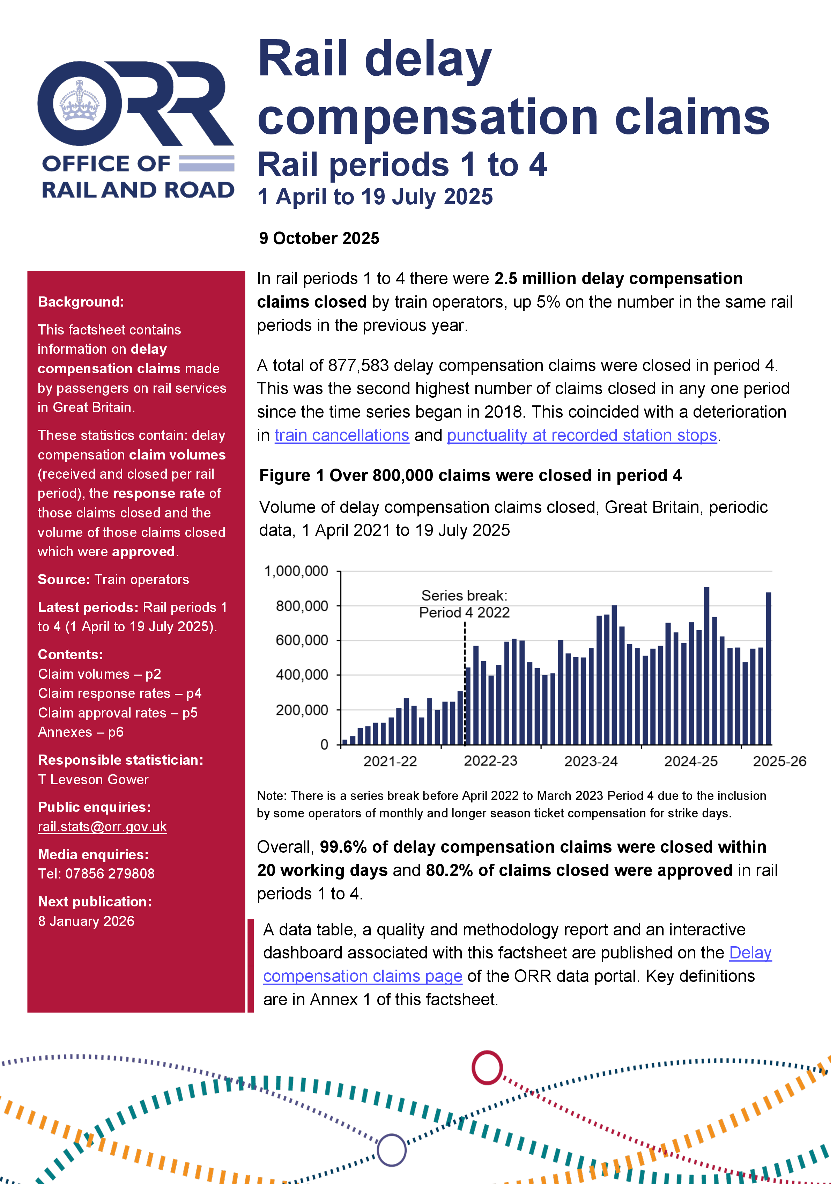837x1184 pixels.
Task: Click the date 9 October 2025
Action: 319,238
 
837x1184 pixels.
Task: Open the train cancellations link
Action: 342,435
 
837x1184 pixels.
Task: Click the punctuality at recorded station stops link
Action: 582,435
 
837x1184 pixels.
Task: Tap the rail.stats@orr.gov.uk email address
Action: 102,826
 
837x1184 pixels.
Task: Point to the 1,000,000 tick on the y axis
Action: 296,571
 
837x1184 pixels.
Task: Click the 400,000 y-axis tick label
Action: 302,675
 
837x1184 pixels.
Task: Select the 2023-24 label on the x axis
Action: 591,761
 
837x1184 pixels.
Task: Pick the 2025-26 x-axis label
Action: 779,761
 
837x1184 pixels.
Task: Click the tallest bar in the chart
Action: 706,665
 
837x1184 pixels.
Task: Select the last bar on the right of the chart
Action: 769,668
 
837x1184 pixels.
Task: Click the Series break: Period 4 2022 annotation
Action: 464,604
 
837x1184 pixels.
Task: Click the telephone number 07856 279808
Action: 110,874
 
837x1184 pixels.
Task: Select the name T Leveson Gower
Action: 93,779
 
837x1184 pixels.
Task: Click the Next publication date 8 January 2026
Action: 86,921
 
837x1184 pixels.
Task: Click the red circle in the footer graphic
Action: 487,1067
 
